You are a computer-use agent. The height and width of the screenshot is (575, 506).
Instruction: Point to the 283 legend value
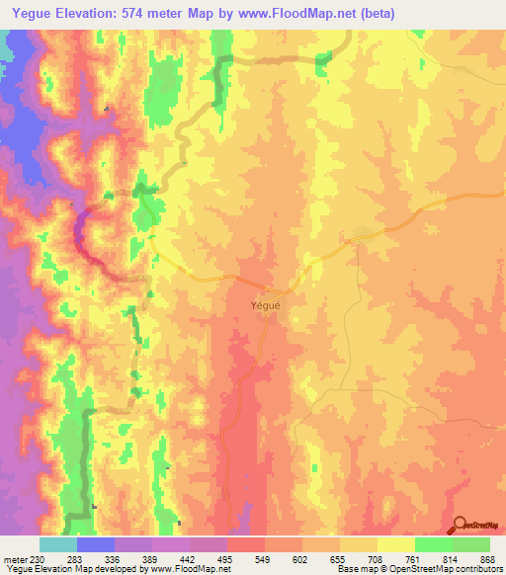75,559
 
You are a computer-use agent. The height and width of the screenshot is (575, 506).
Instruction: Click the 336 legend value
114,559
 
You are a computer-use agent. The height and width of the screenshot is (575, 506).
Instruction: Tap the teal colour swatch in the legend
57,544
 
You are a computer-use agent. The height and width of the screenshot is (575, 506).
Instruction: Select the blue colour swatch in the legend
95,544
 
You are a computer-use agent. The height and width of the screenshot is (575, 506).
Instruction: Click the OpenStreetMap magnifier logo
459,525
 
